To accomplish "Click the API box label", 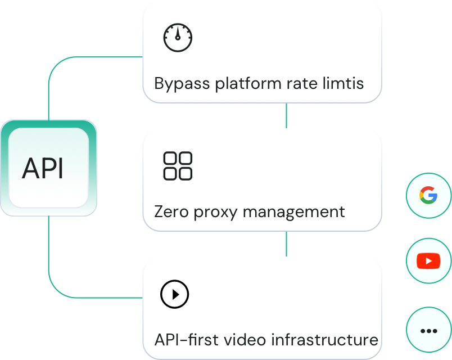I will tap(43, 168).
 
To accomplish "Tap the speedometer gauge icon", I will tap(178, 38).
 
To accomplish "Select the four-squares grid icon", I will tap(178, 166).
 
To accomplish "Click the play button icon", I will tap(175, 294).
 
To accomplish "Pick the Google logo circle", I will tap(428, 196).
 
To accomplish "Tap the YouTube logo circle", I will tap(428, 261).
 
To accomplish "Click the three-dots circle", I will tap(428, 331).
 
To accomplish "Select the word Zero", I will tap(171, 212).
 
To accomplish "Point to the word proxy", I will tap(217, 213).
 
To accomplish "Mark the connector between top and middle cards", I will tap(287, 115).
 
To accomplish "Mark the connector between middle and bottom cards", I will tap(287, 244).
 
